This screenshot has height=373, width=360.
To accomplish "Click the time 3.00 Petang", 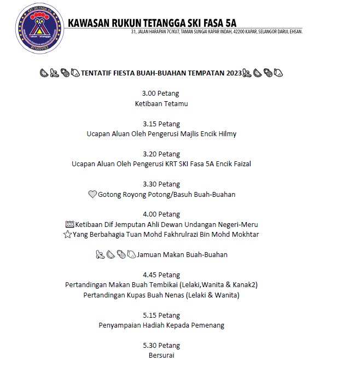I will [161, 94].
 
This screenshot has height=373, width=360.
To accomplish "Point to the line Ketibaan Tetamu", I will [161, 103].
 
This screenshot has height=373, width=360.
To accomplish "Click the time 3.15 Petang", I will [161, 124].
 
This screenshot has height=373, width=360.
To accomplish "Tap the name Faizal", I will [241, 164].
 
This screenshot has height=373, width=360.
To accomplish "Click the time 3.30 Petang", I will [161, 184].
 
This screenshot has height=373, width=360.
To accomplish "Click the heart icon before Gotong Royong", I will [92, 194].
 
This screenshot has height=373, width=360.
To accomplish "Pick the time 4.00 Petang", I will [161, 214].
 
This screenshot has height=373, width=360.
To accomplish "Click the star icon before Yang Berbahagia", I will [68, 234].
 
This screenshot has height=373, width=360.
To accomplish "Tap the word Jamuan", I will [149, 254].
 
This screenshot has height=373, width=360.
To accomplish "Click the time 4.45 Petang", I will [161, 275].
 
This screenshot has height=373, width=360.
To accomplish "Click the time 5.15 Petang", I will [161, 315].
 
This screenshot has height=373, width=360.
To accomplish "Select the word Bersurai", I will [161, 355].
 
